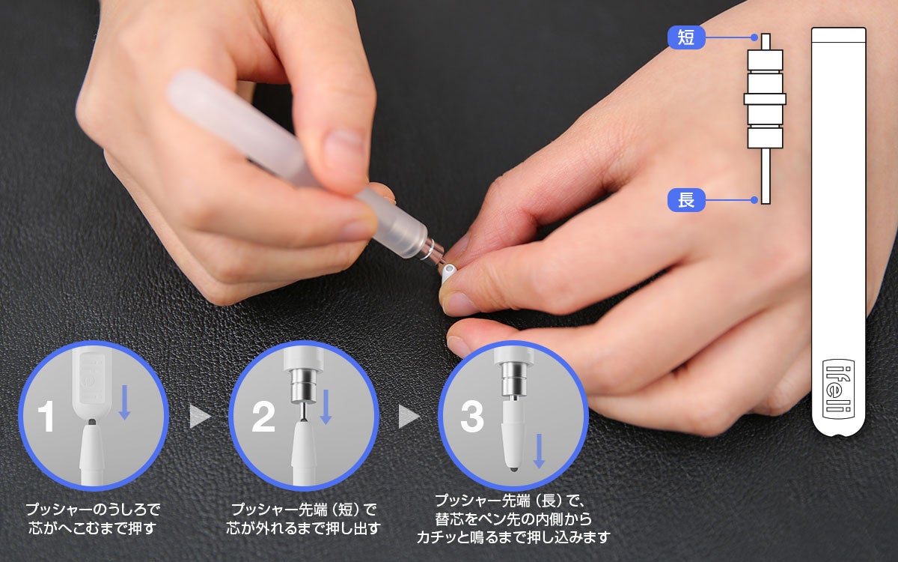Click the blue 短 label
(686, 37)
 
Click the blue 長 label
(686, 200)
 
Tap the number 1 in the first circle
(46, 417)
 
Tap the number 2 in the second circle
(263, 417)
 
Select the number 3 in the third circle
(471, 417)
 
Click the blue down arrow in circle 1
(125, 403)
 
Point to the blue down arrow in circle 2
(326, 407)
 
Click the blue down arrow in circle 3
(539, 451)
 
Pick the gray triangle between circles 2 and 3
(409, 417)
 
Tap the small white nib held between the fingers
(448, 271)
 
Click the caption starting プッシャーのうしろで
(93, 518)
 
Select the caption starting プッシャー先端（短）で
(304, 518)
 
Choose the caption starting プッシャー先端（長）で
(513, 518)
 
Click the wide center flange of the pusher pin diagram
(765, 99)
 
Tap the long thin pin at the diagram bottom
(765, 176)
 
